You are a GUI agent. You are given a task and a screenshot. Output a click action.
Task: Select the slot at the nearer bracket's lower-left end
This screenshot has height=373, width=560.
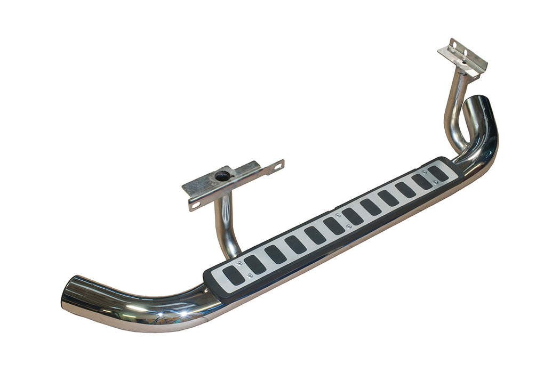tap(195, 205)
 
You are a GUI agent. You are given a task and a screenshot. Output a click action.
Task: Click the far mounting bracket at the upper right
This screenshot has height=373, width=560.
tap(462, 58)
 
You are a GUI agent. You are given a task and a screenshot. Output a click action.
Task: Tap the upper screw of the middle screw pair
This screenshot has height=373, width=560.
tap(337, 215)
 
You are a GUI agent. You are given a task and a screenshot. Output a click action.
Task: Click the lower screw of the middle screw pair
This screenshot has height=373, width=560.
tap(348, 226)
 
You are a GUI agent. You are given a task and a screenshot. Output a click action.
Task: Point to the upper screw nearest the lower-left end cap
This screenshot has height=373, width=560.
tap(239, 263)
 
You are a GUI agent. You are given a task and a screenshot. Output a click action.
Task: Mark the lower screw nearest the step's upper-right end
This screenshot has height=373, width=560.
tap(436, 182)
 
